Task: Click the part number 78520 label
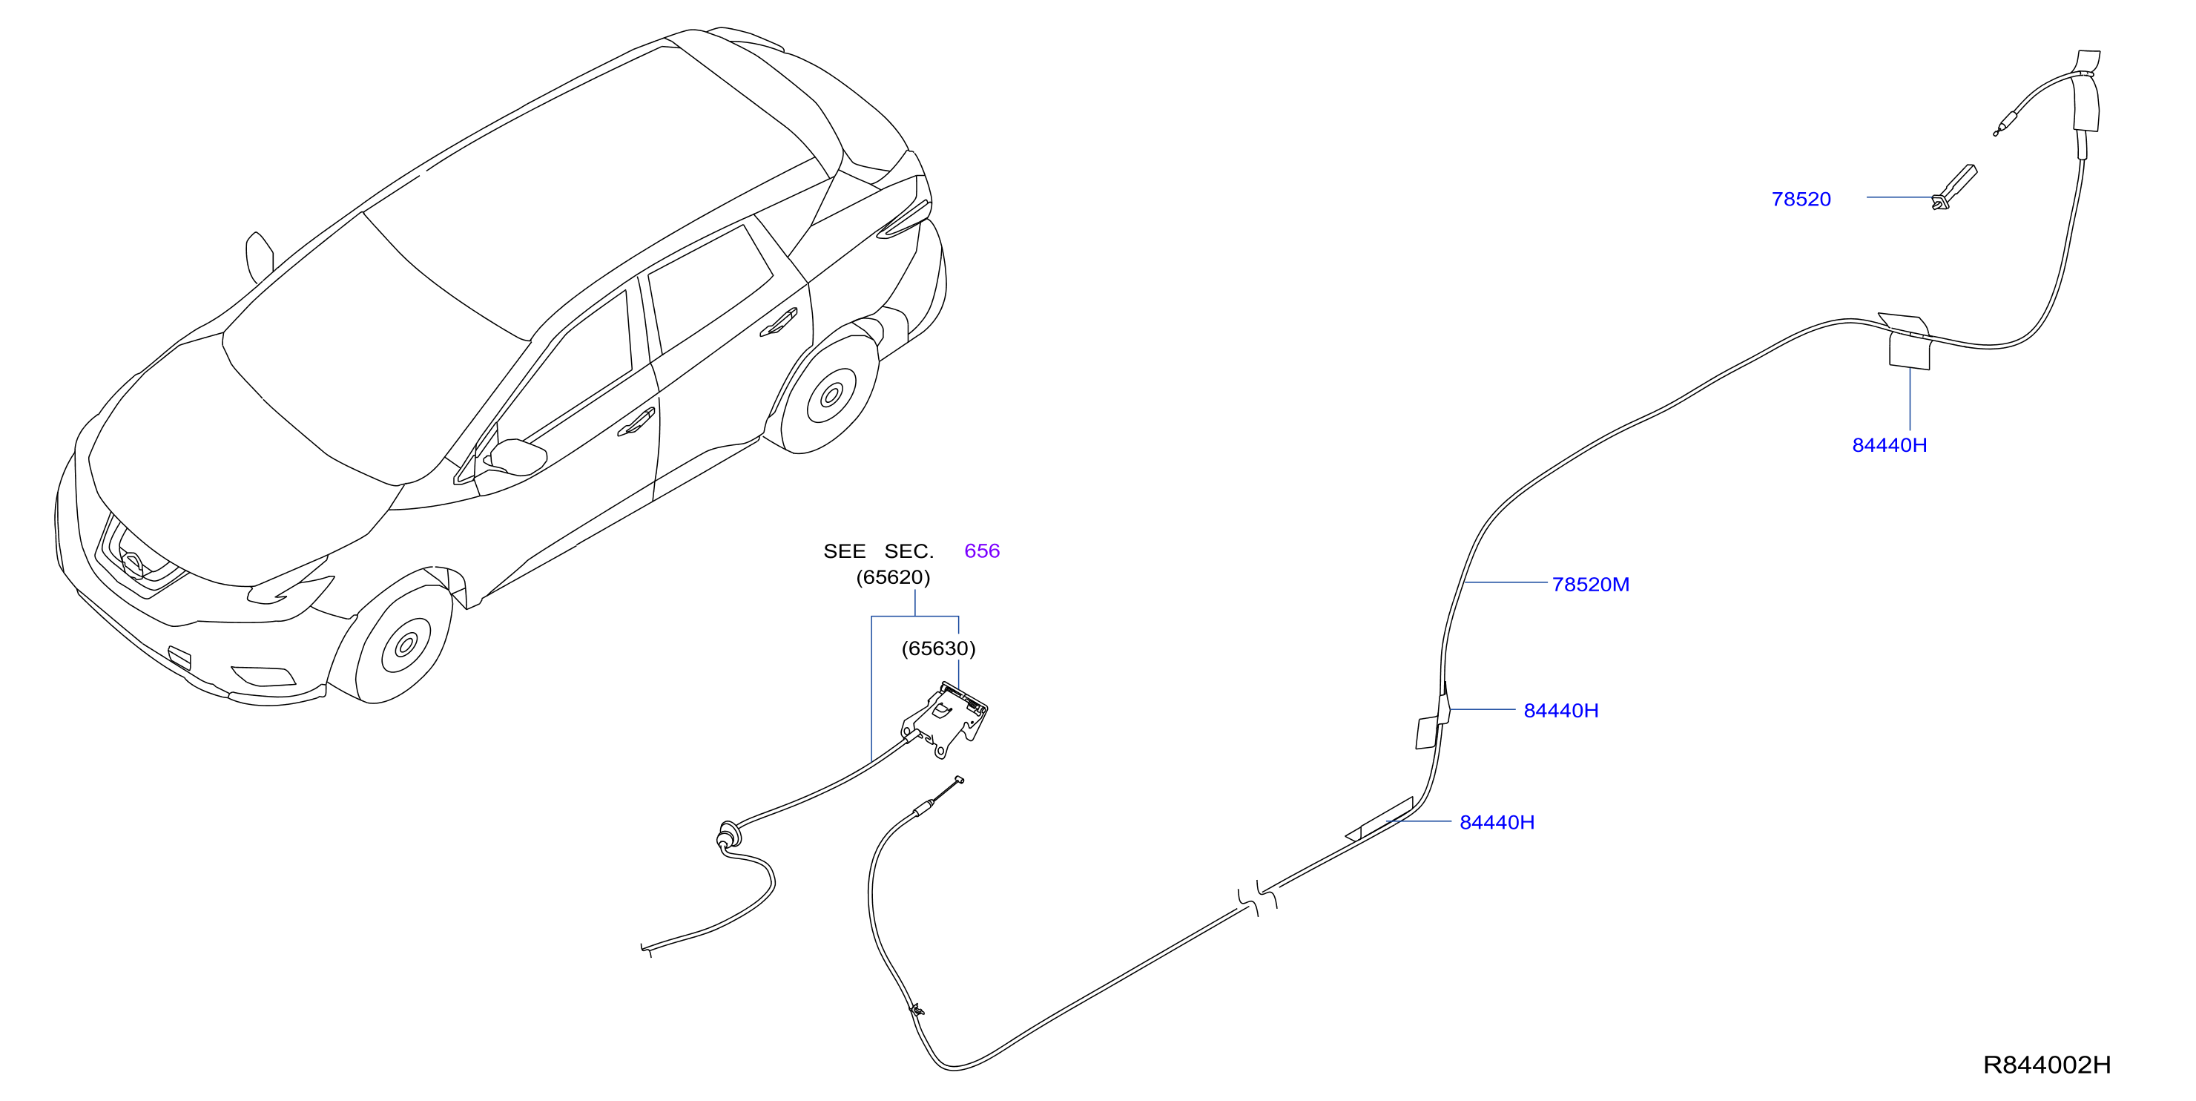coord(1801,200)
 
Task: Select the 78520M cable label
coord(1590,585)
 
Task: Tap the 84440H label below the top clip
coord(1889,445)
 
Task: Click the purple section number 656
coord(981,551)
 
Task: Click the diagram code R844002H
coord(2046,1065)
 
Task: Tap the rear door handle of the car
coord(778,323)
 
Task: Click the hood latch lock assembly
coord(946,719)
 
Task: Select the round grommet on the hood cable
coord(728,834)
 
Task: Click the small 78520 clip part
coord(1954,187)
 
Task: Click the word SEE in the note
coord(844,552)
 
